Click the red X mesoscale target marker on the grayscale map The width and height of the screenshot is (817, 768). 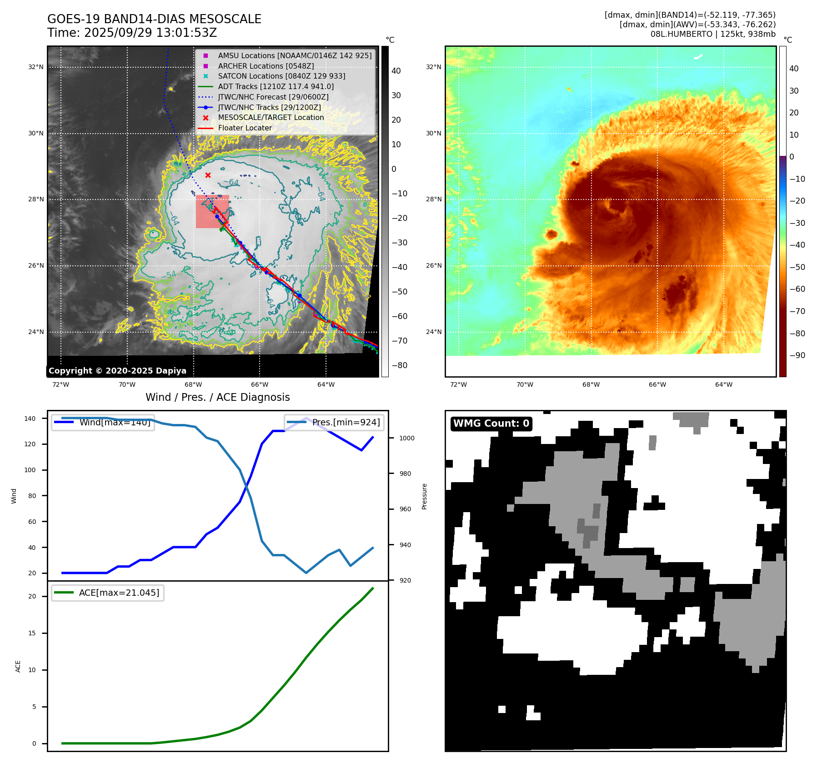[x=208, y=175]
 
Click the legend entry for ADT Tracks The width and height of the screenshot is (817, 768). [x=276, y=86]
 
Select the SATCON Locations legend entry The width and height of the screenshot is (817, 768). [x=281, y=76]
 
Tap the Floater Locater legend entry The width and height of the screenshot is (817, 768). [x=245, y=128]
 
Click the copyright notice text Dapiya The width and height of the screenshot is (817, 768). [x=117, y=371]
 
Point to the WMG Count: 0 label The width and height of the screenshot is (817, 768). [x=491, y=424]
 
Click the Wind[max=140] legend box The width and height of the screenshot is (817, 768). [x=103, y=422]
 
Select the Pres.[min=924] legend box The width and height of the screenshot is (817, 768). [x=334, y=422]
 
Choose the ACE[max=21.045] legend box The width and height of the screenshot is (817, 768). [x=108, y=593]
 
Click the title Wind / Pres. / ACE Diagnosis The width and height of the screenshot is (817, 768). [x=217, y=397]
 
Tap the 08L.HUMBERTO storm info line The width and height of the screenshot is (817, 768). [x=712, y=34]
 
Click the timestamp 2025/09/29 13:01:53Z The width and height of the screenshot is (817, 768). [x=150, y=33]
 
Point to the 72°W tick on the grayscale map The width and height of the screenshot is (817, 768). [x=61, y=384]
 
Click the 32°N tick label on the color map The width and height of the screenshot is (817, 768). [x=433, y=67]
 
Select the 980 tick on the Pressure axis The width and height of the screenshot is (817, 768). [x=405, y=474]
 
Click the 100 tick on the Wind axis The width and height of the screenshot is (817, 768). [x=30, y=470]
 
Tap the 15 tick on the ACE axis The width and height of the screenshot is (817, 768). [x=32, y=633]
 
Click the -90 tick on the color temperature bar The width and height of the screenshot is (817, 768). [x=797, y=355]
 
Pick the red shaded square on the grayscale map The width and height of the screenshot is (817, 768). [x=212, y=212]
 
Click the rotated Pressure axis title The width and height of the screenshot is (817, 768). [x=424, y=496]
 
